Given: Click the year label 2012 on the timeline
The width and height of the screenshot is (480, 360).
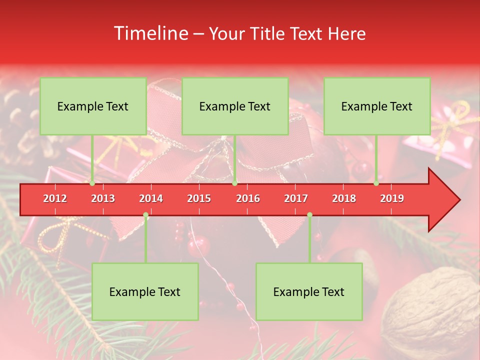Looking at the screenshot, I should pyautogui.click(x=55, y=198).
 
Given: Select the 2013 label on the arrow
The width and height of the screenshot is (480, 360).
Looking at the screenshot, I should pyautogui.click(x=103, y=198).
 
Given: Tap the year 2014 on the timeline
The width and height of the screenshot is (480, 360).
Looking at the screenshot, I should pyautogui.click(x=151, y=198).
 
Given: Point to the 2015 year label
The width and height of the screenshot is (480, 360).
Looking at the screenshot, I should pyautogui.click(x=199, y=198).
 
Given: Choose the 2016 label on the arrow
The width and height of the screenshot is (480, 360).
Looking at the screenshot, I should pyautogui.click(x=248, y=198).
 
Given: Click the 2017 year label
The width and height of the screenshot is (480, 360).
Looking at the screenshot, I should pyautogui.click(x=296, y=198).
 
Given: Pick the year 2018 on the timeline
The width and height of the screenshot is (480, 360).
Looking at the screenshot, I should pyautogui.click(x=344, y=198).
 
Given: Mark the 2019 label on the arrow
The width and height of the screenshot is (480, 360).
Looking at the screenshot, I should pyautogui.click(x=392, y=198).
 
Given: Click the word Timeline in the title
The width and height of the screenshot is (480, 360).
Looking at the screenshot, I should pyautogui.click(x=150, y=33).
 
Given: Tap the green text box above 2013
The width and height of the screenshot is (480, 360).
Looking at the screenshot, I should pyautogui.click(x=93, y=106).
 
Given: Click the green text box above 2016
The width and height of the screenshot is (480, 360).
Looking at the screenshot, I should pyautogui.click(x=235, y=106).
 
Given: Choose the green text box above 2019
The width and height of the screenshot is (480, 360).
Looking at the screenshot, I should pyautogui.click(x=377, y=106).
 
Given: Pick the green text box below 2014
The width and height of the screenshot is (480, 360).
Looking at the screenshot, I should pyautogui.click(x=145, y=291).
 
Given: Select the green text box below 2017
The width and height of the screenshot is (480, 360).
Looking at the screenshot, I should pyautogui.click(x=309, y=291).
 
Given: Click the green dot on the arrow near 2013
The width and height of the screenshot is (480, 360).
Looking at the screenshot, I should pyautogui.click(x=92, y=183).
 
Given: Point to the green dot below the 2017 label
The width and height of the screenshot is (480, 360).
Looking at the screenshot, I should pyautogui.click(x=309, y=215).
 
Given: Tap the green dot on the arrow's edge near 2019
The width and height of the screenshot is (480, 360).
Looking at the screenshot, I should pyautogui.click(x=376, y=183).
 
